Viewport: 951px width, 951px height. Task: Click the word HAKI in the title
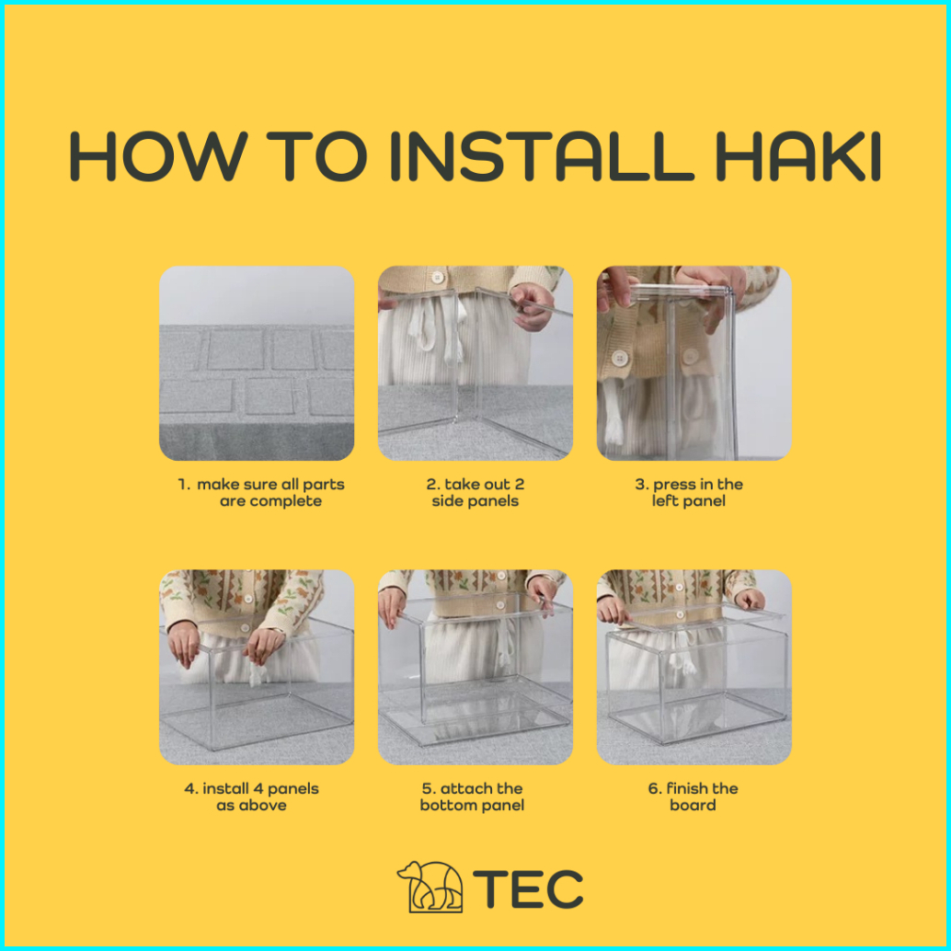[x=798, y=155]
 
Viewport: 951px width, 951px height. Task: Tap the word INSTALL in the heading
[x=543, y=155]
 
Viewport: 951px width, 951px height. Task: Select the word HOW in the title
[x=158, y=155]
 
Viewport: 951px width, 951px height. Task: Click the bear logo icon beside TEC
[x=430, y=887]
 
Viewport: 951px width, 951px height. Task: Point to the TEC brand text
[x=528, y=888]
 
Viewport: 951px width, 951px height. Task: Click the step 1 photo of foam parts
[x=257, y=362]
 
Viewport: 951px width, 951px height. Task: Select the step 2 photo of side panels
[x=475, y=362]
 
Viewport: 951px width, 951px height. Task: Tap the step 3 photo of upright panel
[x=693, y=362]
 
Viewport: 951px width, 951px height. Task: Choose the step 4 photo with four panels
[x=257, y=667]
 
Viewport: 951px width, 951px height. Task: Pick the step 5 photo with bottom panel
[x=475, y=667]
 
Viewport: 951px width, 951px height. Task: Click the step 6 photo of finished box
[x=693, y=667]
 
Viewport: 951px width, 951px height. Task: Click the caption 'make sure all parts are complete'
[x=261, y=492]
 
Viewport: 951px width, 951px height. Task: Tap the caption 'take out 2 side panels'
[x=475, y=492]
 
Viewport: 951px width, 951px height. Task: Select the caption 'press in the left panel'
[x=689, y=492]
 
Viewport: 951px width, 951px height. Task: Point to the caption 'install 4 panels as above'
[x=252, y=796]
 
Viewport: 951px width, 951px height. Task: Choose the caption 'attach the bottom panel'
[x=473, y=796]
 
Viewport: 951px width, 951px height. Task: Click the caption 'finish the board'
[x=693, y=796]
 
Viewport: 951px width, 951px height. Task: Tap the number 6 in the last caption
[x=653, y=788]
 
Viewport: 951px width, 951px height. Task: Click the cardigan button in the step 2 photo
[x=437, y=278]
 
